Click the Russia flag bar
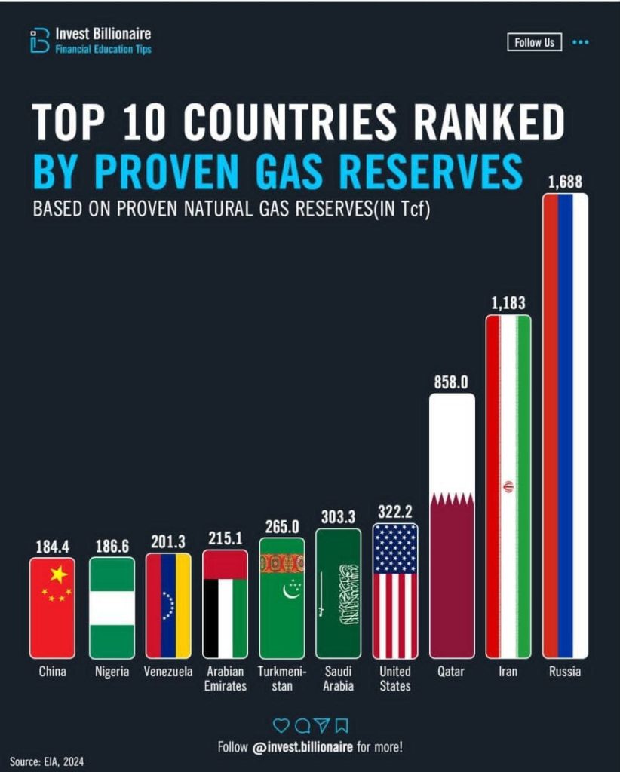click(x=565, y=426)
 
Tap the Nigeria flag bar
click(x=112, y=608)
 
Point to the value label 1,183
click(x=508, y=304)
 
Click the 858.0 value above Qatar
click(x=451, y=381)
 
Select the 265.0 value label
click(x=282, y=526)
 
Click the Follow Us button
click(x=534, y=43)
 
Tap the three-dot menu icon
click(x=580, y=43)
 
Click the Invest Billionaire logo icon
click(x=39, y=41)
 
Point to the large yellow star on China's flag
click(x=59, y=575)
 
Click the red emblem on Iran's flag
click(x=508, y=486)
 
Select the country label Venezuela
click(x=168, y=671)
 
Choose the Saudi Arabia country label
click(x=339, y=678)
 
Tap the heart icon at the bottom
click(x=281, y=725)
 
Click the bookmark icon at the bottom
click(x=341, y=725)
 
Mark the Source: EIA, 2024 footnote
click(x=47, y=761)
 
